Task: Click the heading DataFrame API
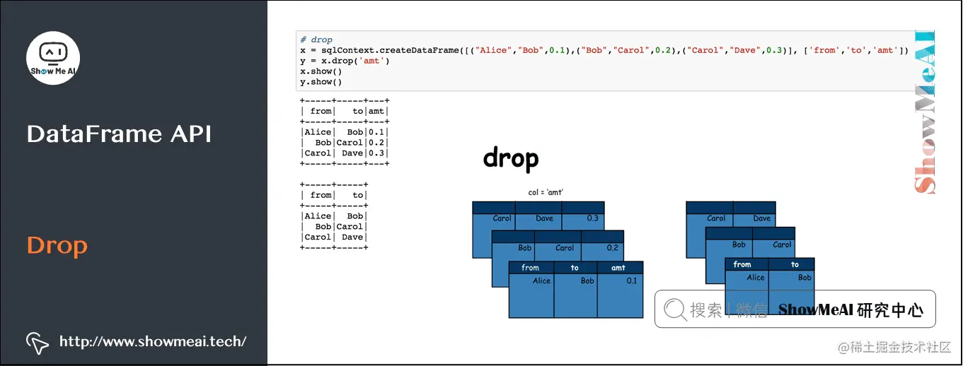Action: point(119,134)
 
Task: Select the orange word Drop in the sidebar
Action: point(57,246)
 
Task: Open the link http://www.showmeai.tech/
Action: point(153,341)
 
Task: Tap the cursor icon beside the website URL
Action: point(37,342)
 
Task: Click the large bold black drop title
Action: point(510,159)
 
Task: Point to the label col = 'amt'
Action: point(546,192)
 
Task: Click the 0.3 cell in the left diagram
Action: point(592,218)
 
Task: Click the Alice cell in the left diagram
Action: point(541,281)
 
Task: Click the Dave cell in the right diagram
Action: point(761,218)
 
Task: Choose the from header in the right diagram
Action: point(742,264)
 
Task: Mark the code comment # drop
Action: point(316,40)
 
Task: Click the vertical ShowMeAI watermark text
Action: point(924,113)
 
